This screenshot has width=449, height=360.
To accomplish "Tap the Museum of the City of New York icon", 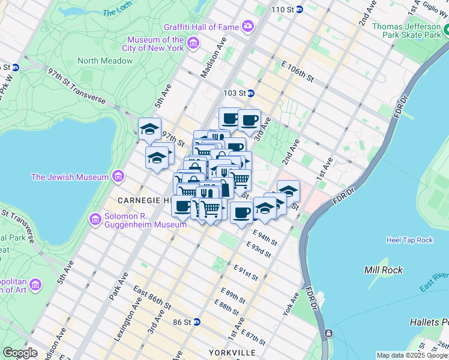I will (193, 43).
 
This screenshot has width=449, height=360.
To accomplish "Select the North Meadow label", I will (104, 61).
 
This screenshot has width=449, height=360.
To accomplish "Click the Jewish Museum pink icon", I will (118, 176).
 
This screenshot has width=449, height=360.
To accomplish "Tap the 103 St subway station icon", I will (251, 93).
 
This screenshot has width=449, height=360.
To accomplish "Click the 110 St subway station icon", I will (299, 10).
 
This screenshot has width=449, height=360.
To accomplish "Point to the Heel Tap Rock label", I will (409, 240).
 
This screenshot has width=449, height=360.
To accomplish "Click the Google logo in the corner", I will (20, 353).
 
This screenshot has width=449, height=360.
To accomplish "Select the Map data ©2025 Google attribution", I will (411, 355).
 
